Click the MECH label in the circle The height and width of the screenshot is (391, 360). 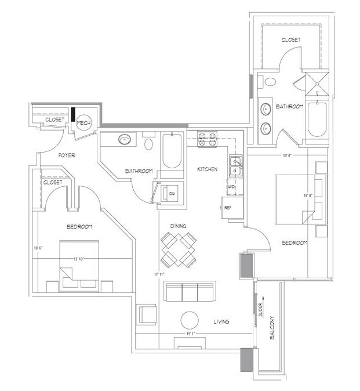click(84, 123)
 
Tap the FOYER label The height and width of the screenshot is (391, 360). click(68, 155)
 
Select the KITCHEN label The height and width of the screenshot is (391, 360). click(208, 169)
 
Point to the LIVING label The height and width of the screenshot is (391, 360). click(220, 321)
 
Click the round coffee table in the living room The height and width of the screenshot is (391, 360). click(190, 321)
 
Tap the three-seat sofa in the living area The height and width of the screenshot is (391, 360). click(190, 291)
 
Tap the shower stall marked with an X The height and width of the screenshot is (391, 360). click(318, 82)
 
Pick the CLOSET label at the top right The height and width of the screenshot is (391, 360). click(290, 40)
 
